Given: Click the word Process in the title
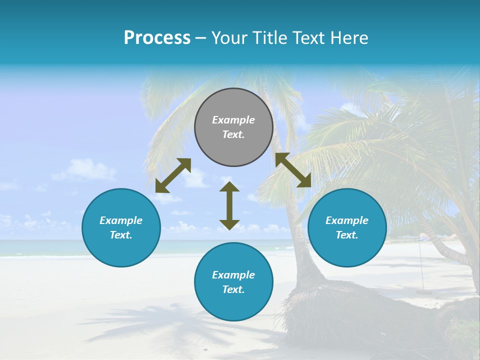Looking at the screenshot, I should pos(157,38).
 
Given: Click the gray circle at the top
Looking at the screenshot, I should pos(233,127).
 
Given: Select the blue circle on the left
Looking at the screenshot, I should pos(121,227).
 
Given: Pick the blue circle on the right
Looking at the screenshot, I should pos(347,227).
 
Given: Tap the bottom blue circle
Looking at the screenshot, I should pos(233,281).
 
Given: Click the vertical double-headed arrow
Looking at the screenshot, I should pos(229,205).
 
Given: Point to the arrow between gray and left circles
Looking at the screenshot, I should pos(173,175).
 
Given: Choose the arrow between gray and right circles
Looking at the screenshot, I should pos(293,170).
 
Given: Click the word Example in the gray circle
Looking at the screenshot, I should pos(233,120).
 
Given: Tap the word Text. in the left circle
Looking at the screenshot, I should pos(121,235).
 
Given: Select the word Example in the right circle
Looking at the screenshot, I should pos(347,220).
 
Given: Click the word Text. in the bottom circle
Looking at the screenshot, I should pos(233,289).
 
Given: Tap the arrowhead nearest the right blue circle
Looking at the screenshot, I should pos(305,181).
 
